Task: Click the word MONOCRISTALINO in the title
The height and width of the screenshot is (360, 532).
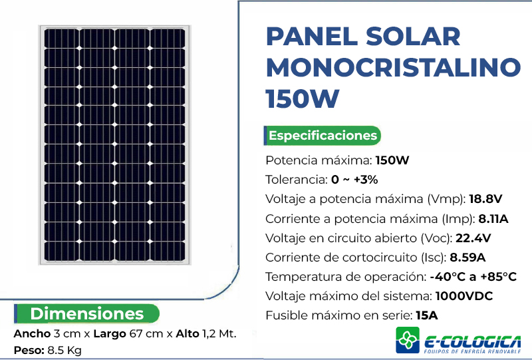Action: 393,67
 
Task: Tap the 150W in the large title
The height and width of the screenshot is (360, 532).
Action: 303,98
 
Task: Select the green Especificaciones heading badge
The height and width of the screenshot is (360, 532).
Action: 323,136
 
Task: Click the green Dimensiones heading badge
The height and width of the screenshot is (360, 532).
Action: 87,313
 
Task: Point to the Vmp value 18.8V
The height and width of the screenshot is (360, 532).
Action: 485,199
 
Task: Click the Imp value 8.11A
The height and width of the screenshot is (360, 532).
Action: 493,219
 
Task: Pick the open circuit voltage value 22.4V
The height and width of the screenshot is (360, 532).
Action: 473,238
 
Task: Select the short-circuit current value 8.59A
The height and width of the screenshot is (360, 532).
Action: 467,258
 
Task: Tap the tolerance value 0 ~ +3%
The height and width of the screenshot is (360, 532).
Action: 354,179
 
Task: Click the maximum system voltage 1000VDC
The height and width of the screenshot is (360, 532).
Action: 464,296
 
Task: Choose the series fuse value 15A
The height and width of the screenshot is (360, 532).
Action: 427,315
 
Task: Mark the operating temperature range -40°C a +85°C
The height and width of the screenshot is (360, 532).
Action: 473,277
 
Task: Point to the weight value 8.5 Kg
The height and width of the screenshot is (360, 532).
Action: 65,351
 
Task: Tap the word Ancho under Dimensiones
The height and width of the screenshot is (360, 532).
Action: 32,334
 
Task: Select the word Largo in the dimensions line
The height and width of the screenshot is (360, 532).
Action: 110,334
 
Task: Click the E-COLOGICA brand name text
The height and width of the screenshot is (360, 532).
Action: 473,341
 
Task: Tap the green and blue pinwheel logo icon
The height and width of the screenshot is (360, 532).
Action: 408,340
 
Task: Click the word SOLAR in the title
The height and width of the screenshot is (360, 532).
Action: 413,37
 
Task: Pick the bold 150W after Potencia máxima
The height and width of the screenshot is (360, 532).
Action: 392,160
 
